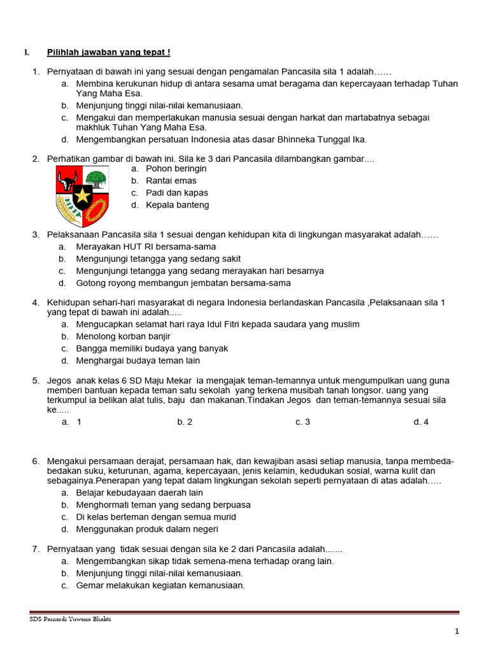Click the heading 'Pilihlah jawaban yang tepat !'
pyautogui.click(x=108, y=52)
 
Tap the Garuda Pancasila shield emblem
pyautogui.click(x=82, y=192)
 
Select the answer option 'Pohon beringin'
pyautogui.click(x=176, y=169)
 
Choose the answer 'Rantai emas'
pyautogui.click(x=171, y=181)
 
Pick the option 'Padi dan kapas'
pyautogui.click(x=176, y=193)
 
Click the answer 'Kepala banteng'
pyautogui.click(x=177, y=205)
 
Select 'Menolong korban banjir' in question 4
pyautogui.click(x=123, y=336)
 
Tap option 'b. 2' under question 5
pyautogui.click(x=185, y=422)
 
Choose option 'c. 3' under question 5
pyautogui.click(x=302, y=422)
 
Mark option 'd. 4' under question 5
pyautogui.click(x=421, y=422)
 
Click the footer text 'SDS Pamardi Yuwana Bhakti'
pyautogui.click(x=70, y=620)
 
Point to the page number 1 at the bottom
pyautogui.click(x=457, y=631)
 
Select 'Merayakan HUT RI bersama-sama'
pyautogui.click(x=146, y=246)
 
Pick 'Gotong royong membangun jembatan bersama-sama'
pyautogui.click(x=183, y=283)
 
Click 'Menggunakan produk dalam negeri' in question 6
pyautogui.click(x=147, y=529)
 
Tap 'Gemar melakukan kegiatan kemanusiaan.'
pyautogui.click(x=160, y=586)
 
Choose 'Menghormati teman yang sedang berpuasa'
pyautogui.click(x=163, y=505)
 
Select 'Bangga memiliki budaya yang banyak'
pyautogui.click(x=152, y=348)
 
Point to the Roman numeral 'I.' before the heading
pyautogui.click(x=27, y=52)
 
